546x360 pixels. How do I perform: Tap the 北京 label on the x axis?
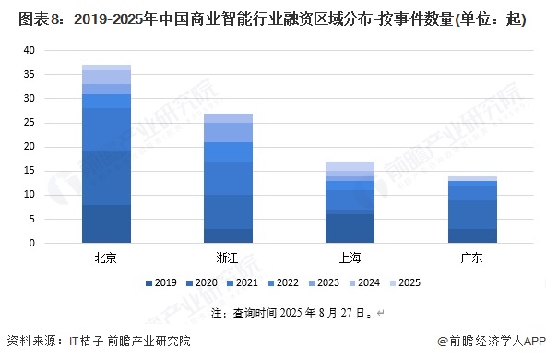[x=106, y=257]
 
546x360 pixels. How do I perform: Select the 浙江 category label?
[x=228, y=257]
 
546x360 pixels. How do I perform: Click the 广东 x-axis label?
[x=470, y=257]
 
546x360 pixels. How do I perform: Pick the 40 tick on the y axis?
[x=30, y=50]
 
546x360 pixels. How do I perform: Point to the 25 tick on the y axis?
[x=30, y=123]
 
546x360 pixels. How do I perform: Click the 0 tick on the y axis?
[x=32, y=244]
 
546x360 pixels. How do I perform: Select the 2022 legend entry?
[x=282, y=282]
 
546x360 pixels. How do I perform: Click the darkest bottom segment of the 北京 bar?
[x=106, y=223]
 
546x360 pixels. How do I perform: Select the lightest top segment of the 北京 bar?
[x=106, y=67]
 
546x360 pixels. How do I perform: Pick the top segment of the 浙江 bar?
[x=228, y=118]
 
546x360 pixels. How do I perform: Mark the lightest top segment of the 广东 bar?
[x=470, y=178]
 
